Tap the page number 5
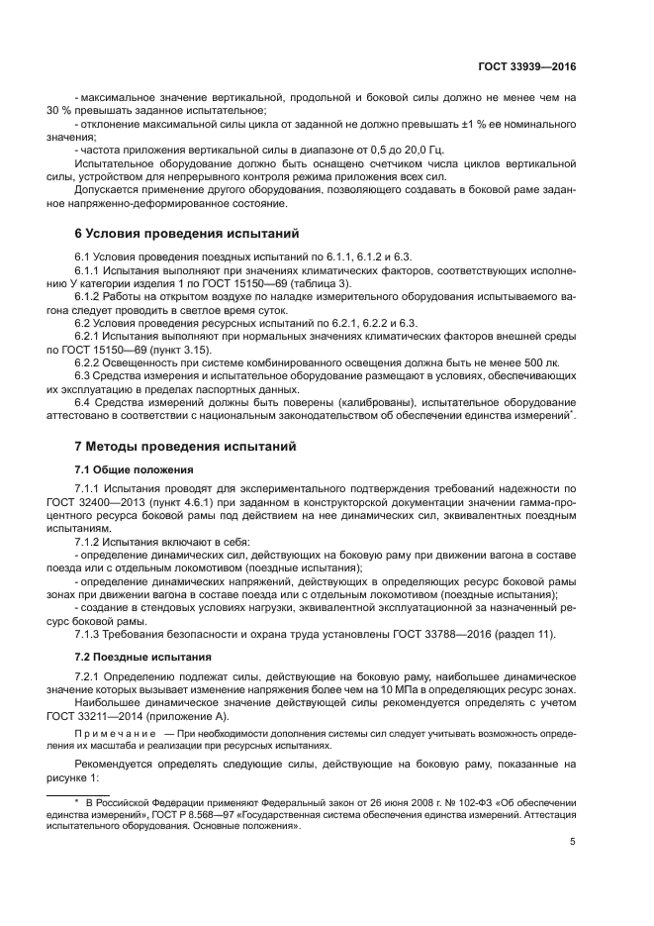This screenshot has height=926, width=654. tap(572, 843)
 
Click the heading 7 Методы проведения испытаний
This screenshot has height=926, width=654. tap(185, 447)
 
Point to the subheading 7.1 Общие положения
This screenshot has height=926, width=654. tap(134, 468)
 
